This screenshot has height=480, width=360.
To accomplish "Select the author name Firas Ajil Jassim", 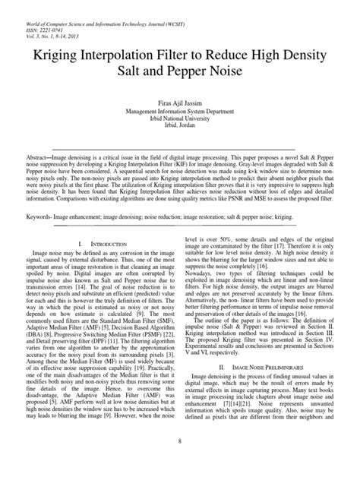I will pyautogui.click(x=179, y=100).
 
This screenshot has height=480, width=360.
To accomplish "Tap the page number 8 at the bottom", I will pyautogui.click(x=180, y=462).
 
